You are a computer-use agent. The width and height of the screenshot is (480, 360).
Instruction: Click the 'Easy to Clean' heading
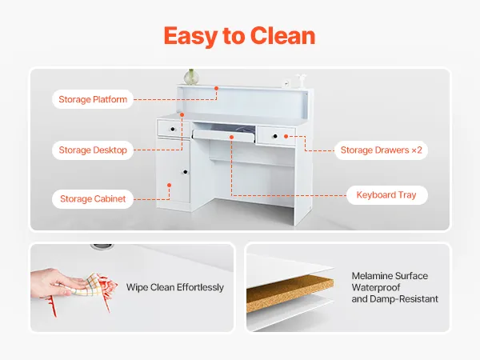pos(239,36)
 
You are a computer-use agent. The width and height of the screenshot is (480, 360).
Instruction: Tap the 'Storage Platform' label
pos(92,100)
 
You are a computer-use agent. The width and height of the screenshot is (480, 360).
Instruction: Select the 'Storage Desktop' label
pos(93,150)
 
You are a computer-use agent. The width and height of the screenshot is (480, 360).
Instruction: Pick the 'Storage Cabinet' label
pos(93,199)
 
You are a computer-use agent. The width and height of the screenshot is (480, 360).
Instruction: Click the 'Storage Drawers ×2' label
pos(381,150)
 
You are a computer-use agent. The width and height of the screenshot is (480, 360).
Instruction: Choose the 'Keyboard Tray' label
pos(386,194)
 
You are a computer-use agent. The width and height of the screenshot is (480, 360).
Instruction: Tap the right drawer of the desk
pos(276,137)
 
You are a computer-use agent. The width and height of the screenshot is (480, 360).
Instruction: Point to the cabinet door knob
pos(184,172)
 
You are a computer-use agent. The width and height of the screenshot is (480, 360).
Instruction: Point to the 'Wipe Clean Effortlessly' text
pos(175,287)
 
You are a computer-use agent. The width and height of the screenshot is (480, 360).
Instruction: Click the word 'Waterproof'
pos(377,287)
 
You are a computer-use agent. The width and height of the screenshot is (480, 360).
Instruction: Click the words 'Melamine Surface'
pos(390,276)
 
